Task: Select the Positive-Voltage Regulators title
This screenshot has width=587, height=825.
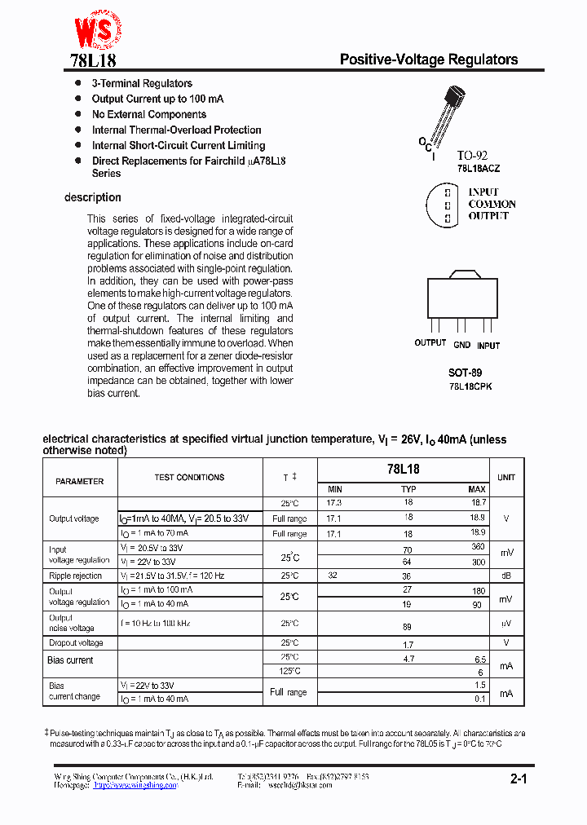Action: pyautogui.click(x=428, y=60)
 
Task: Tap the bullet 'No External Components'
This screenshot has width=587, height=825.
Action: pyautogui.click(x=148, y=115)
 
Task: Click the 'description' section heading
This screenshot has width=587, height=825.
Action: pyautogui.click(x=93, y=197)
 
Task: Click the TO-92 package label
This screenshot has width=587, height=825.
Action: pyautogui.click(x=472, y=155)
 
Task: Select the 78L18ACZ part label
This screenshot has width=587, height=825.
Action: pyautogui.click(x=479, y=168)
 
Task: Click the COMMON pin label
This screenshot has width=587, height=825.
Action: pyautogui.click(x=492, y=205)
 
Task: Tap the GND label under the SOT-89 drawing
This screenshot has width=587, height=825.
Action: pyautogui.click(x=461, y=345)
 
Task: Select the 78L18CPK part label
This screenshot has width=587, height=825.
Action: pyautogui.click(x=470, y=386)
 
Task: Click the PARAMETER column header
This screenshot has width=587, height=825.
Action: pyautogui.click(x=80, y=481)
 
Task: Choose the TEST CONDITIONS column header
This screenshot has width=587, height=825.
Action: pyautogui.click(x=189, y=478)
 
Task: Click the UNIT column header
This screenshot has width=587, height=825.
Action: pyautogui.click(x=506, y=478)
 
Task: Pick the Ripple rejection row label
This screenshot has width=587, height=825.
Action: pyautogui.click(x=76, y=576)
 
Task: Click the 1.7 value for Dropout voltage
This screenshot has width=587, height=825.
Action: pyautogui.click(x=408, y=643)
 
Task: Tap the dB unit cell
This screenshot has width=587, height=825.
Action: pyautogui.click(x=506, y=576)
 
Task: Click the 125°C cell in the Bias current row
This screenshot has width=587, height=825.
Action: pyautogui.click(x=289, y=671)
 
